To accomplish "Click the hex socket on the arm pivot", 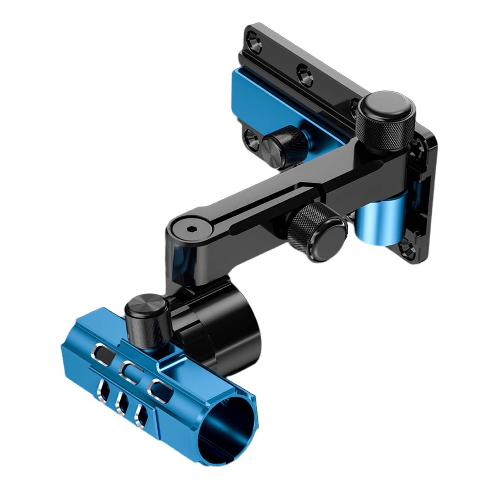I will (x=190, y=229).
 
